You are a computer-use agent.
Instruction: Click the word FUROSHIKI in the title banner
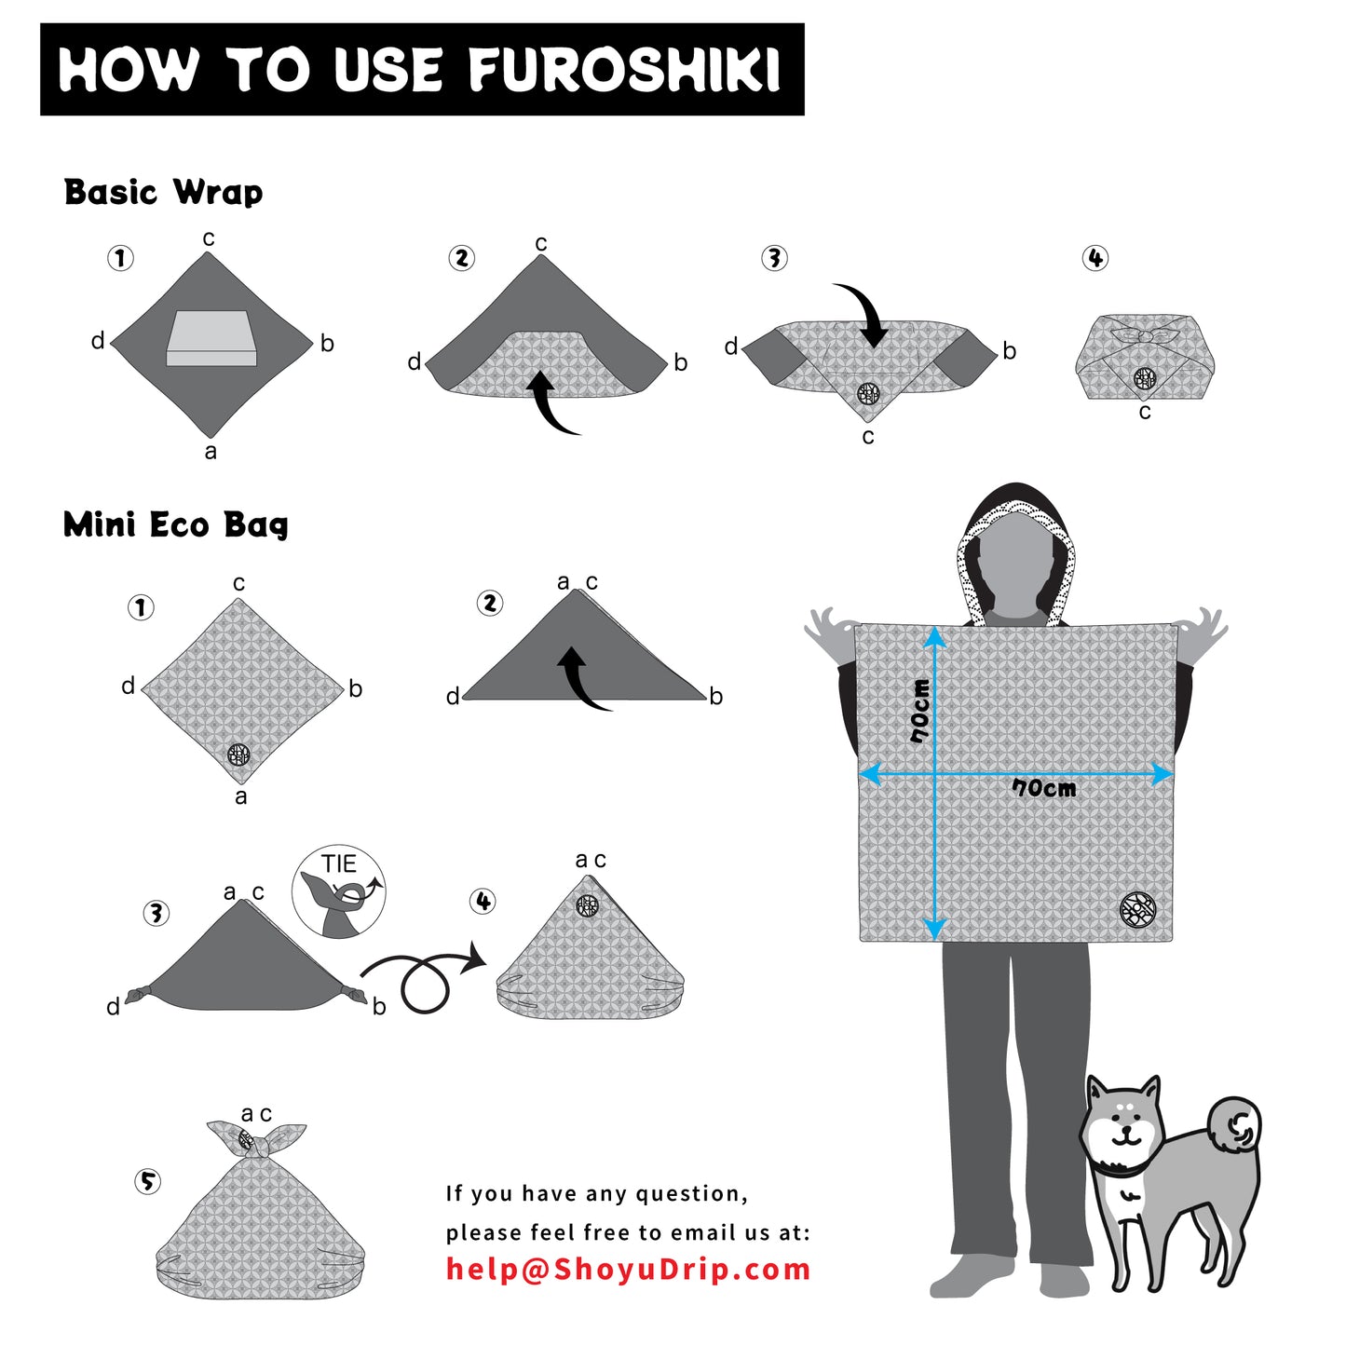(624, 70)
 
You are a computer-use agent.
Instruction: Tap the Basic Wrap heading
(163, 192)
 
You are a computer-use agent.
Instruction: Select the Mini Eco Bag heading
(175, 524)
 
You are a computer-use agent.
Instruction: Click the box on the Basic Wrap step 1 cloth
(211, 338)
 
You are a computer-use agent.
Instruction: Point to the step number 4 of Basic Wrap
(1094, 258)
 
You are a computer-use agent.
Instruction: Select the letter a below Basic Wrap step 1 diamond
(211, 452)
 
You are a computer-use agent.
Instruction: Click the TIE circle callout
(338, 891)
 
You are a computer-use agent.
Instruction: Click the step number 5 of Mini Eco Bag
(147, 1181)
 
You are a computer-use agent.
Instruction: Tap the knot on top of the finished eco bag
(255, 1140)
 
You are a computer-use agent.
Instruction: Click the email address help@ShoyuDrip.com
(628, 1269)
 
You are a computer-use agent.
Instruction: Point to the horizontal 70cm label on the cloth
(1044, 789)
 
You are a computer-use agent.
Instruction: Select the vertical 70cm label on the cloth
(920, 711)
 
